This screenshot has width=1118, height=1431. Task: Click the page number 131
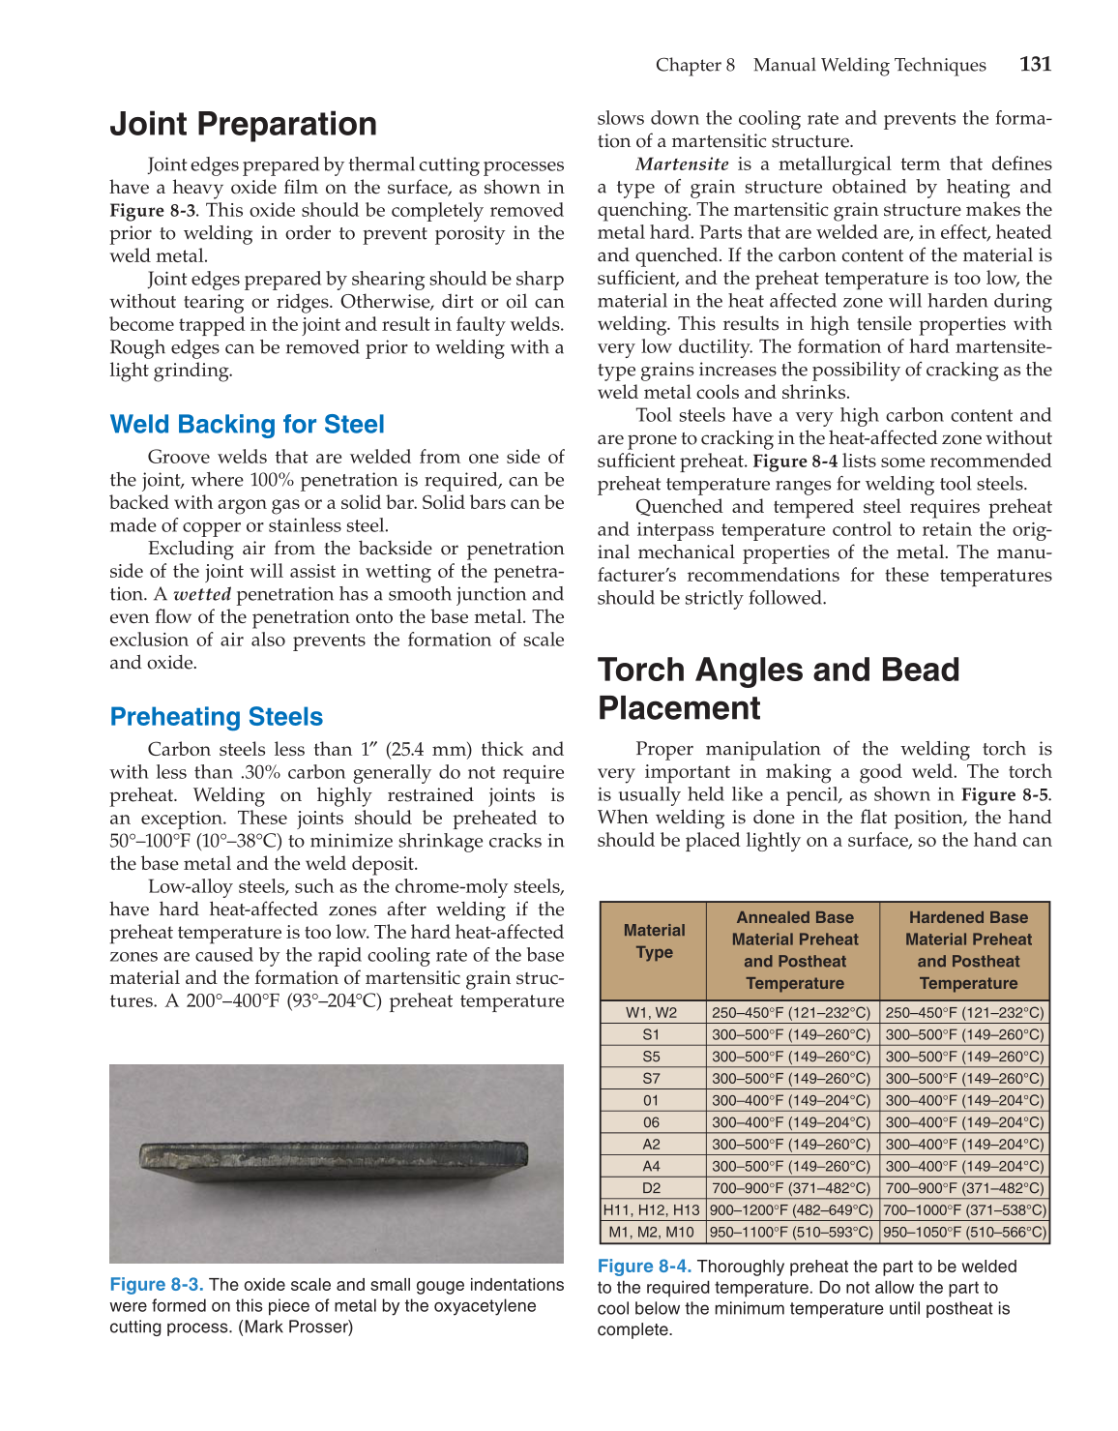tap(1035, 65)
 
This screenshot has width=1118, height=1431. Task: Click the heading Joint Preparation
tap(243, 124)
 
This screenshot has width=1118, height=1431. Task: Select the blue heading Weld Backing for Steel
tap(247, 424)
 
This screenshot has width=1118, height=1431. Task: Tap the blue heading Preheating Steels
tap(216, 716)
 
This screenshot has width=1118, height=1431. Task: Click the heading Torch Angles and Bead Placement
tap(778, 688)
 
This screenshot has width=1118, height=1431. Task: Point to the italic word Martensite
tap(682, 164)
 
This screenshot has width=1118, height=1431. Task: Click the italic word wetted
tap(201, 594)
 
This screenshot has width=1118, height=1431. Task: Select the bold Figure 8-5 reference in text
tap(1004, 794)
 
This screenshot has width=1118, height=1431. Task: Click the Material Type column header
tap(654, 941)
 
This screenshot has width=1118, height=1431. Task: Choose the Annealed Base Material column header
tap(794, 950)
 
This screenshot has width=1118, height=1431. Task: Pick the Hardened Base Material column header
tap(967, 950)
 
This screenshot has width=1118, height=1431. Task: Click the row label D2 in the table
tap(651, 1188)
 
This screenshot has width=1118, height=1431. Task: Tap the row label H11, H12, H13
tap(651, 1210)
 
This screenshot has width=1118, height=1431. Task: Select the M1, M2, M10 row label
tap(651, 1233)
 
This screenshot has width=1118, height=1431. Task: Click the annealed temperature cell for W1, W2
tap(791, 1013)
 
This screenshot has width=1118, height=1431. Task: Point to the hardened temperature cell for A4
tap(964, 1167)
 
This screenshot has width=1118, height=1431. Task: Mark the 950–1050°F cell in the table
tap(964, 1233)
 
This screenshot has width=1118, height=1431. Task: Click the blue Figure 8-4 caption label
tap(643, 1267)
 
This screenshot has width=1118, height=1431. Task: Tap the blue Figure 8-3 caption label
tap(156, 1285)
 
